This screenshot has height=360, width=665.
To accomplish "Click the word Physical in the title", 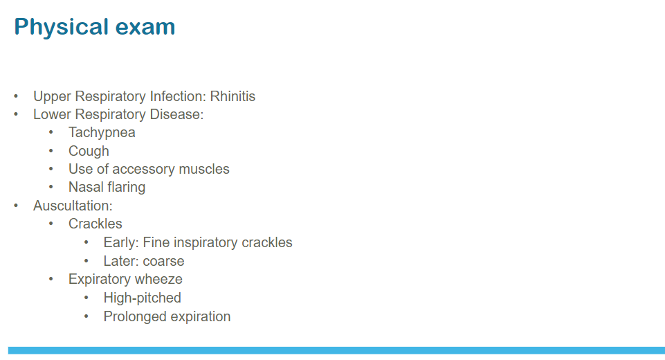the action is (x=62, y=28).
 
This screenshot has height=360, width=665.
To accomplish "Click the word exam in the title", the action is (x=145, y=27).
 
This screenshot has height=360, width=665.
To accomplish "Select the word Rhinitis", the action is (x=233, y=96).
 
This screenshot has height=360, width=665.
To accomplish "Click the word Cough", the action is (x=89, y=152).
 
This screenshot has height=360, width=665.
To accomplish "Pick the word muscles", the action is (x=204, y=169).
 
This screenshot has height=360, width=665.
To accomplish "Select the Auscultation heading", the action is (x=73, y=206).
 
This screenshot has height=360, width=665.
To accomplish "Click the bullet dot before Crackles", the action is (x=51, y=224).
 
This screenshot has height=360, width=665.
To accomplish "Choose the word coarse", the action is (x=164, y=262).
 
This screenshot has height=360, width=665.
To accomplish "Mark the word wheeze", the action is (x=158, y=279).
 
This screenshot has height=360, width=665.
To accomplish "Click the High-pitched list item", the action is (x=142, y=298).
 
